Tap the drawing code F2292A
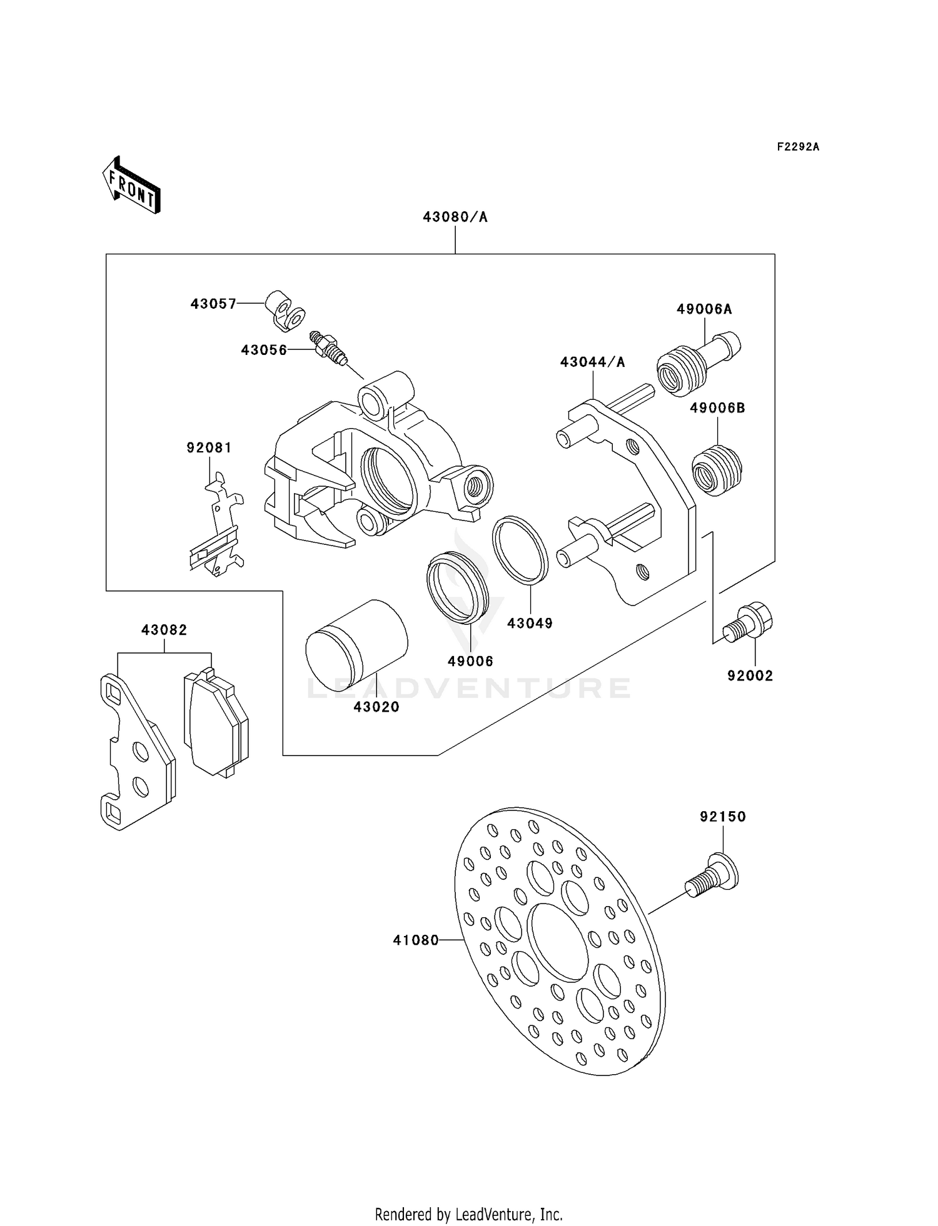pyautogui.click(x=797, y=147)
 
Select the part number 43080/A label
pyautogui.click(x=455, y=217)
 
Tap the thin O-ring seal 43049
pyautogui.click(x=520, y=550)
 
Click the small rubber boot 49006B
pyautogui.click(x=717, y=470)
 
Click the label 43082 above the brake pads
pyautogui.click(x=164, y=630)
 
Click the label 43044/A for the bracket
pyautogui.click(x=592, y=362)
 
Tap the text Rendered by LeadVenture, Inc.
pyautogui.click(x=468, y=1214)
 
